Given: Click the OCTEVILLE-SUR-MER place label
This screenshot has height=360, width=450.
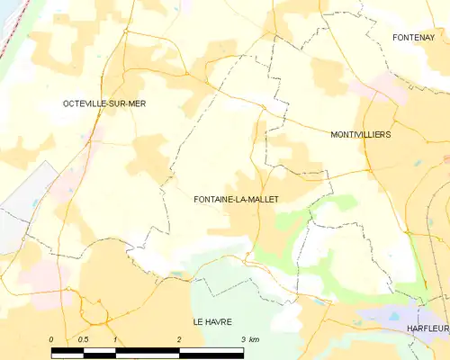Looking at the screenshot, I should [104, 103].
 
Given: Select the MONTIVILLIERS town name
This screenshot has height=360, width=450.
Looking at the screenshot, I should [360, 134].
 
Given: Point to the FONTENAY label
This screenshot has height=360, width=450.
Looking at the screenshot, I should [413, 37].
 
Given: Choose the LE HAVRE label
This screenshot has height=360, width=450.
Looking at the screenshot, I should [212, 320].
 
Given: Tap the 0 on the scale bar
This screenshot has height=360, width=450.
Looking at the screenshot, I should [51, 338].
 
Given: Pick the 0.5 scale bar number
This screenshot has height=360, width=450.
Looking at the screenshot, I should [83, 338].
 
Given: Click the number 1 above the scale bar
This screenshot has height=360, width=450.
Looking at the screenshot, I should [116, 338].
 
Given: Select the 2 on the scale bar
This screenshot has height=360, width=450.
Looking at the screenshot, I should [180, 338].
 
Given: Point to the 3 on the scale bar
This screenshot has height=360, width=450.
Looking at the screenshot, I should [243, 338].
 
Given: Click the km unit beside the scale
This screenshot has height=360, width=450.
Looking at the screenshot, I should [255, 338].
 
